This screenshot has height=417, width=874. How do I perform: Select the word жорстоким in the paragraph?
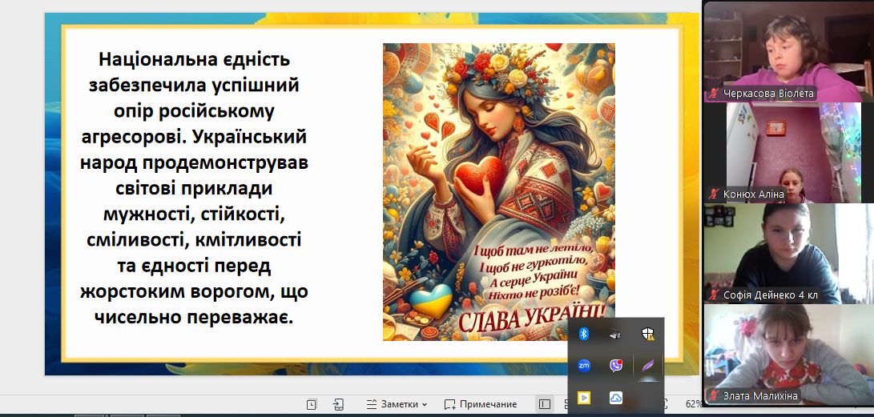click(x=129, y=291)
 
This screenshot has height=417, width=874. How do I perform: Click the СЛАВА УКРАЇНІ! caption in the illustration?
click(x=532, y=319)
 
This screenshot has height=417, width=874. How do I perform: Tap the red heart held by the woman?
click(x=480, y=175)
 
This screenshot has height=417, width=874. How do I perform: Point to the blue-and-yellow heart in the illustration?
click(x=431, y=301)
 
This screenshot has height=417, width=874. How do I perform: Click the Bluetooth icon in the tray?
click(x=583, y=334)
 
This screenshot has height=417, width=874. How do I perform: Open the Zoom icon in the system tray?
click(x=583, y=366)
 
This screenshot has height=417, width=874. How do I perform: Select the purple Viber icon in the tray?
click(x=616, y=366)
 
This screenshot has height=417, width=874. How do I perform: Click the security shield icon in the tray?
click(x=647, y=334)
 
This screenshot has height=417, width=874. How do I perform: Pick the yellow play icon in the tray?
click(x=583, y=398)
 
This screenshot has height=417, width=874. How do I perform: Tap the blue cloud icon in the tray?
click(x=616, y=398)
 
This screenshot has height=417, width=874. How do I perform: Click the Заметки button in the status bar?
click(x=397, y=404)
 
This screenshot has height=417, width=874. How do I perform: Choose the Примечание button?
click(x=481, y=404)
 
